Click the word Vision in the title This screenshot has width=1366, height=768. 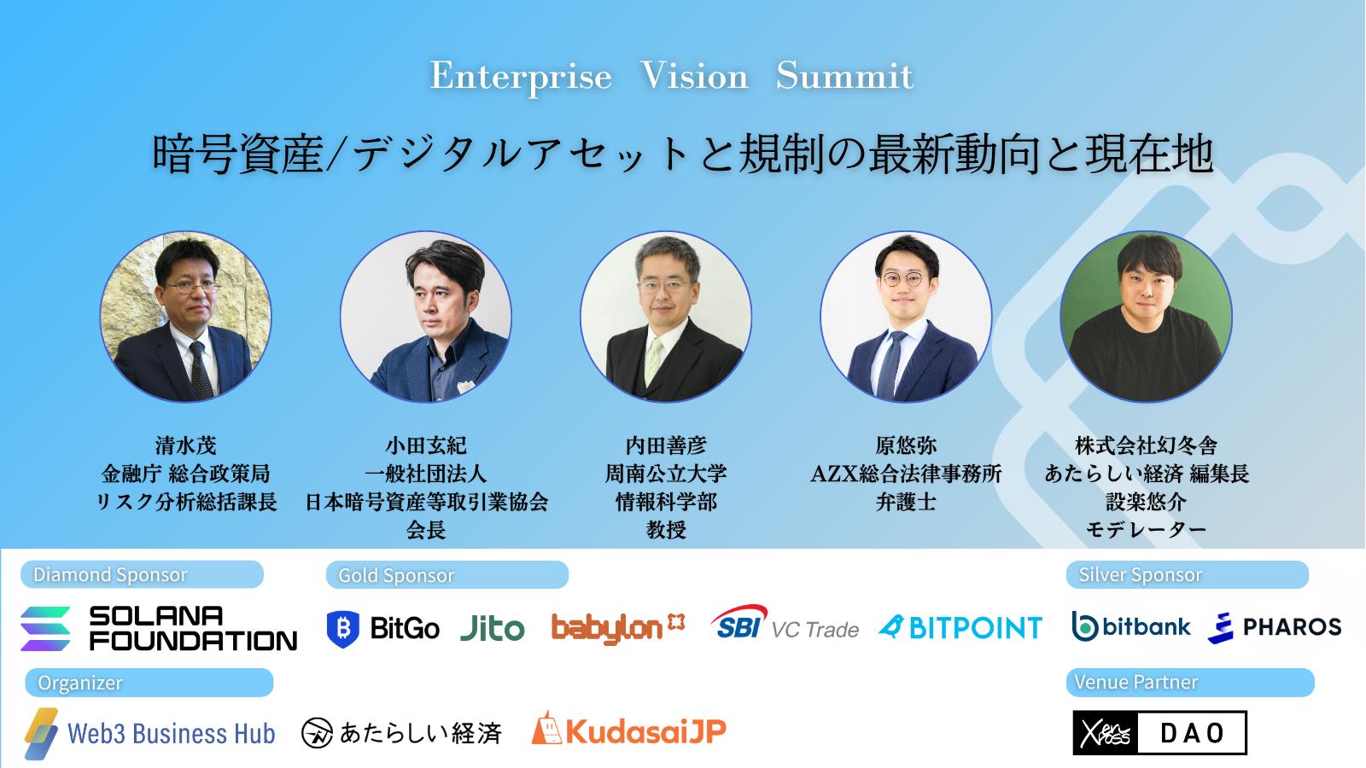694,76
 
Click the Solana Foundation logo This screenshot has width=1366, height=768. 159,628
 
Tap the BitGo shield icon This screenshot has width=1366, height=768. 342,629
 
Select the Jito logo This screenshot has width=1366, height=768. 492,628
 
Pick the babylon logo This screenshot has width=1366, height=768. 618,628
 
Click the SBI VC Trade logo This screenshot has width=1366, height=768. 785,623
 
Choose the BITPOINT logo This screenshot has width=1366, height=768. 960,628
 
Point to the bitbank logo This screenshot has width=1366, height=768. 1131,626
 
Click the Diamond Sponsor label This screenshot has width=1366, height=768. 142,574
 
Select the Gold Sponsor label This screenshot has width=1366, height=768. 447,575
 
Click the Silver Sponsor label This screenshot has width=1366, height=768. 1188,574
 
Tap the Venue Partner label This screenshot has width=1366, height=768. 1190,682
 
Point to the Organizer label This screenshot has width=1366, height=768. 149,683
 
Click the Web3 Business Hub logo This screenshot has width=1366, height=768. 150,733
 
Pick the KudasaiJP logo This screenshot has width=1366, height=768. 628,730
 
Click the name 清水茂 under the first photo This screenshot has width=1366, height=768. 186,445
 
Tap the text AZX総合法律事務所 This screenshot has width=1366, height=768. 906,474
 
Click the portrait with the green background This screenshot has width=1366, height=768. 1146,317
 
